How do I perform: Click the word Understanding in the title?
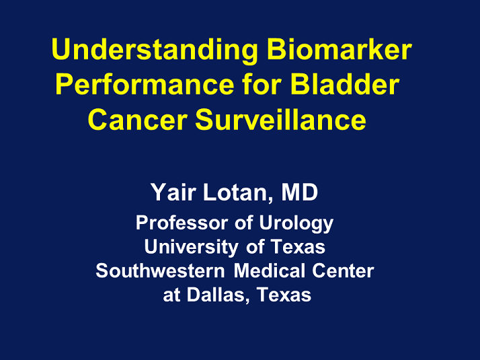tap(155, 50)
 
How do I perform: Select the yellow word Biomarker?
tap(339, 49)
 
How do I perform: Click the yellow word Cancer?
tap(138, 120)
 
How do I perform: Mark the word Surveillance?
tap(280, 119)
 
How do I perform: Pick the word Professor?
tap(182, 223)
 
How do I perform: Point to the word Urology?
tap(296, 223)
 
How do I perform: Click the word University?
tap(192, 247)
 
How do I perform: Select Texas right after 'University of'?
tap(298, 247)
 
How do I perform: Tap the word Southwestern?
tap(160, 271)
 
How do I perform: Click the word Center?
tap(343, 271)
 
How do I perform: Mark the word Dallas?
tap(218, 295)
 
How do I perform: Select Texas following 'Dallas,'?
tap(284, 295)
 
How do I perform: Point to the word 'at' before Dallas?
tap(171, 295)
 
